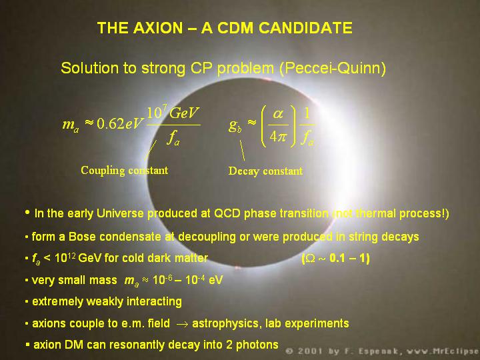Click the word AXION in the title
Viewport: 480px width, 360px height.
pos(158,28)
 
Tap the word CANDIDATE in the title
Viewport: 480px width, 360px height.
pos(305,28)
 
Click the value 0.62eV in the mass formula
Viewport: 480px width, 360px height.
pos(119,124)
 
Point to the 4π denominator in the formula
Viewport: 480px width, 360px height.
pos(277,137)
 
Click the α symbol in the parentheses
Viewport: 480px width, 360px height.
pos(278,114)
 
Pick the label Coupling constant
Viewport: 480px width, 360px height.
pos(124,171)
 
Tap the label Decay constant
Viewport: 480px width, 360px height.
pos(265,171)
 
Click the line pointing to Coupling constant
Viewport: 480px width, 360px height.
pos(151,150)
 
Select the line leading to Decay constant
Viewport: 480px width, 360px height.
pos(242,150)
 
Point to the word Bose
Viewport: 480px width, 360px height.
pos(83,237)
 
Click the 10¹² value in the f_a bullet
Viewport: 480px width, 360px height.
pos(65,258)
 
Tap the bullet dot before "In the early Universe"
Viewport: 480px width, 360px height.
pos(27,212)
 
